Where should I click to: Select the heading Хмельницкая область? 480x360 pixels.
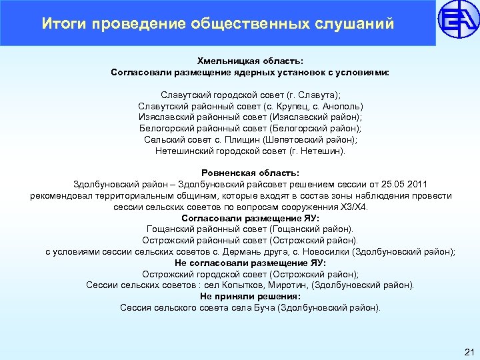(x=250, y=61)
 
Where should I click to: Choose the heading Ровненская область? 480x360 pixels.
(x=250, y=173)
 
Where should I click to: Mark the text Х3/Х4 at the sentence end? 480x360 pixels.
(x=353, y=207)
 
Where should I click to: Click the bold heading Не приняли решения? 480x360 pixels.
(x=250, y=296)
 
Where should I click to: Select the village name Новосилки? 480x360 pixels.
(x=324, y=251)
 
